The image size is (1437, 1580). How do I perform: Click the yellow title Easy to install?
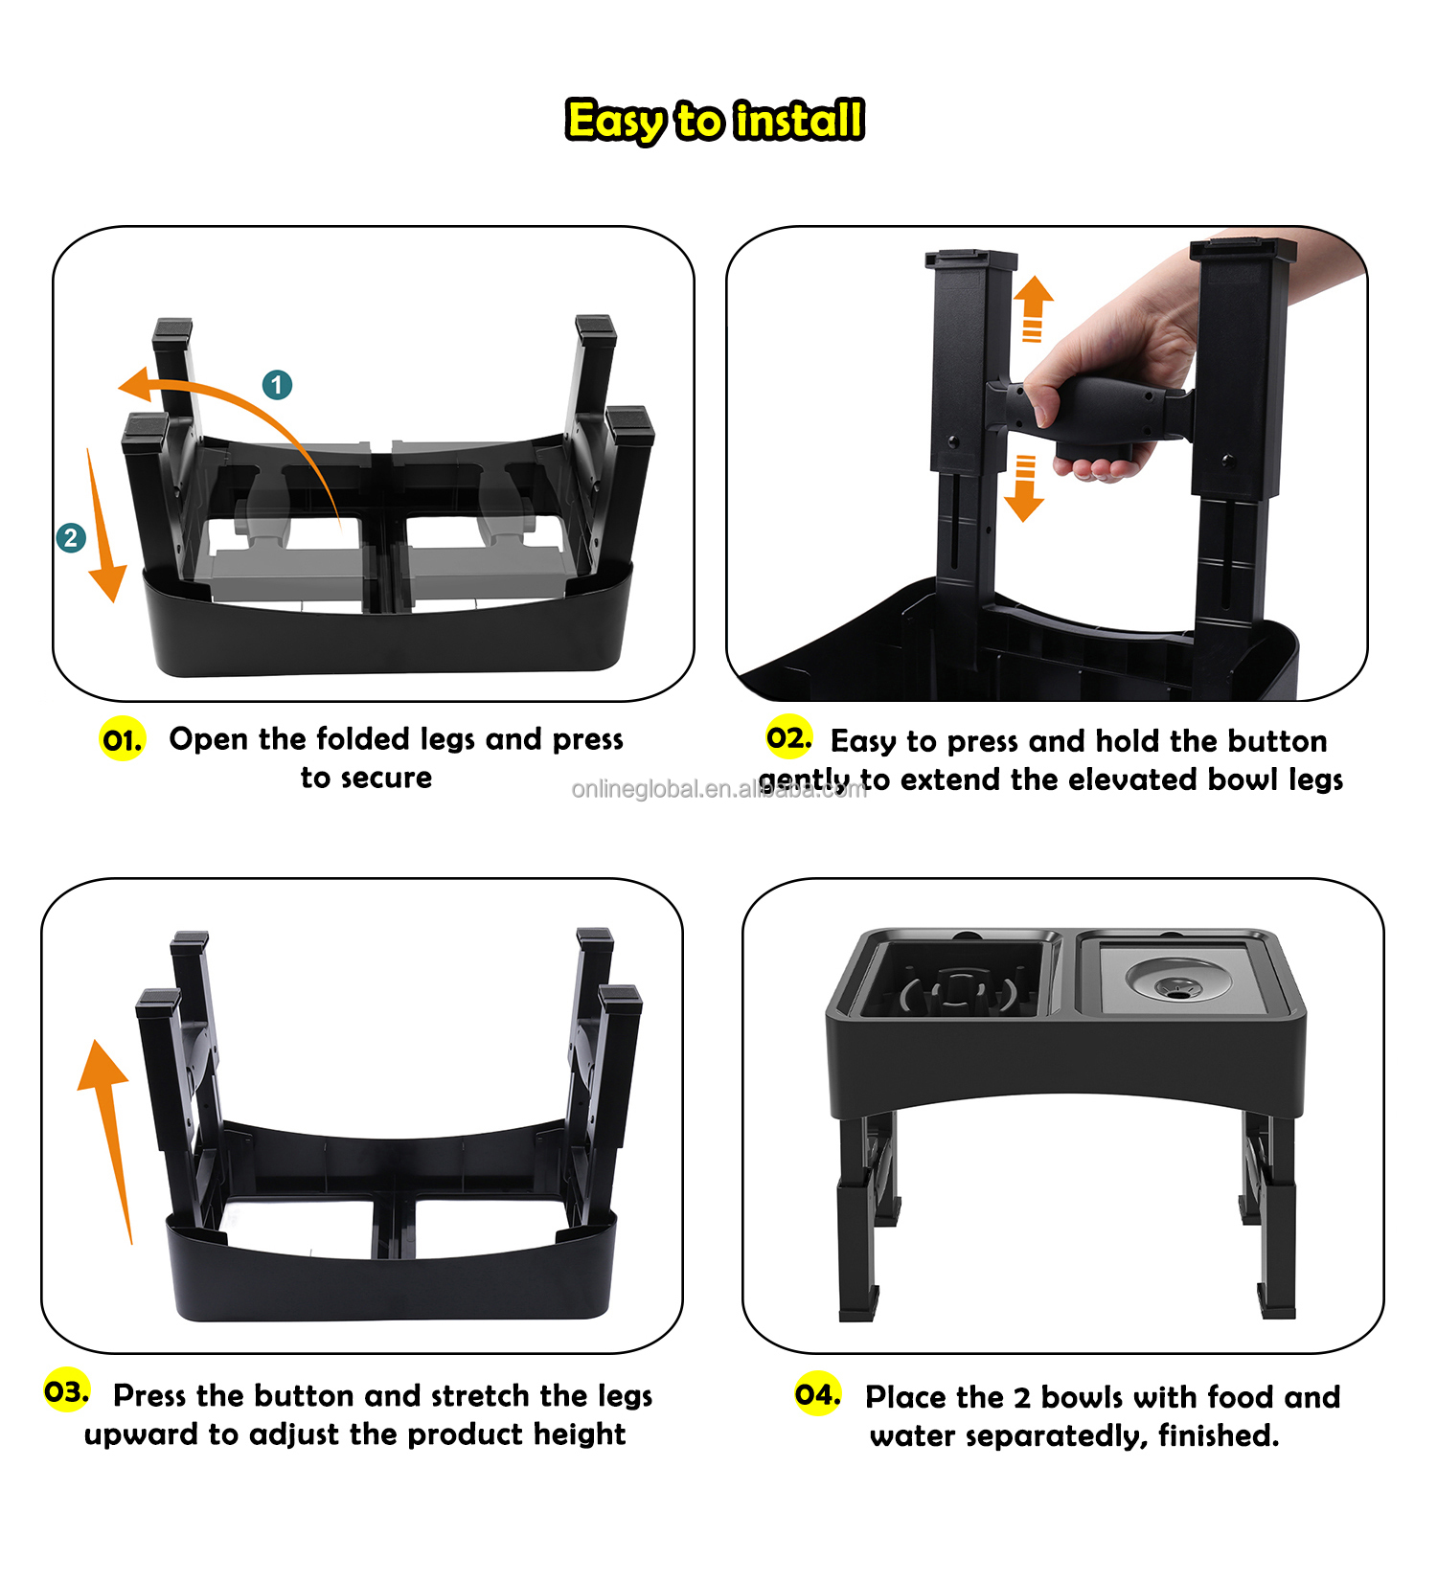pos(715,121)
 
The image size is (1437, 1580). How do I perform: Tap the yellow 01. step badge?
pos(123,739)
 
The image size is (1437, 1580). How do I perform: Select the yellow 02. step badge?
pos(788,737)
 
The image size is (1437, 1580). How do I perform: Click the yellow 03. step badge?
pos(66,1391)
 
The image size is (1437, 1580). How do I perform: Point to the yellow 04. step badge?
pos(817,1394)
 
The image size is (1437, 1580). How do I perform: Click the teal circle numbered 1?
pos(278,385)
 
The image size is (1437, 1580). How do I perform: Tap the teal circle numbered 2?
pos(71,538)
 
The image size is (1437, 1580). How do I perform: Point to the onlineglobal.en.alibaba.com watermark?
pos(718,789)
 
